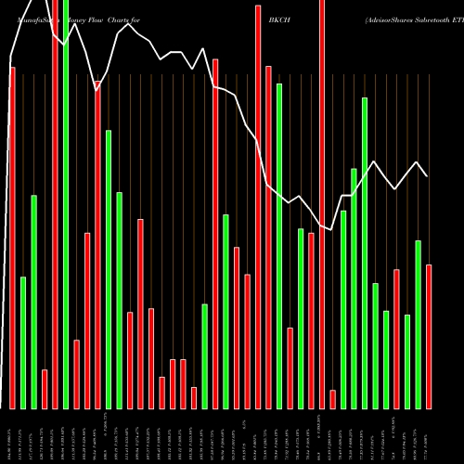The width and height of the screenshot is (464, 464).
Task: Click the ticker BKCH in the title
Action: click(278, 19)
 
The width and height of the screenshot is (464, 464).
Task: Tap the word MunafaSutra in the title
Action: click(22, 19)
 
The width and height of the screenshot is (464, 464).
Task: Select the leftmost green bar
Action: click(23, 342)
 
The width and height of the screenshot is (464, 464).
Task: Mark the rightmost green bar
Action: click(418, 324)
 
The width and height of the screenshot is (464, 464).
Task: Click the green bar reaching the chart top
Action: click(66, 204)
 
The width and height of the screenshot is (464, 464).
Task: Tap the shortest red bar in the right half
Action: click(332, 399)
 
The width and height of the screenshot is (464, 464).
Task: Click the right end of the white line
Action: click(427, 175)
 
